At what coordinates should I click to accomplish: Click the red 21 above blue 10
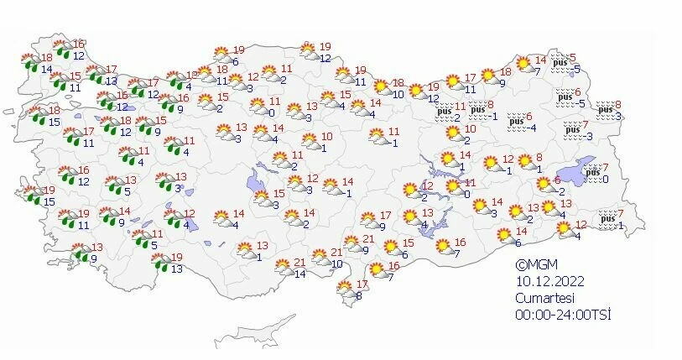tap(336, 253)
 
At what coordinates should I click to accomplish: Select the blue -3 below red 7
tap(589, 137)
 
